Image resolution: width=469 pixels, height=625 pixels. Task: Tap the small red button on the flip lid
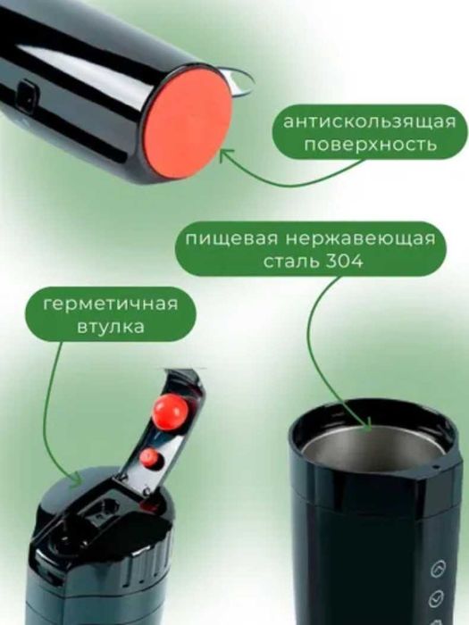click(148, 458)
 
